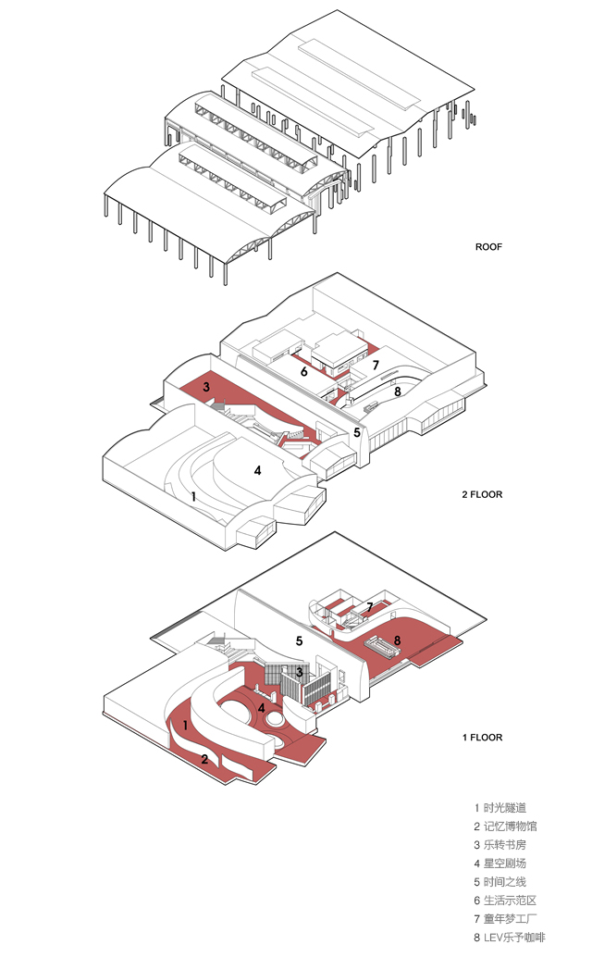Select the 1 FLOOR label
point(482,738)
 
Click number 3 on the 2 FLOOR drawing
point(206,386)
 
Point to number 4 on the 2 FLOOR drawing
point(258,470)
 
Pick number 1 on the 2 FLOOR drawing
point(193,496)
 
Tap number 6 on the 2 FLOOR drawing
point(303,371)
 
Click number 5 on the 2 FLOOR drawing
point(356,432)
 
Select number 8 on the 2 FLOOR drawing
point(397,391)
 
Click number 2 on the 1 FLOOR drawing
point(203,759)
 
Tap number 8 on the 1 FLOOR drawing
point(397,640)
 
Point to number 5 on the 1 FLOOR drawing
point(300,640)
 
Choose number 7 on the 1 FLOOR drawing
point(369,607)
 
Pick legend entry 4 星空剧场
point(504,864)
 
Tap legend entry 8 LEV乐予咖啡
point(514,938)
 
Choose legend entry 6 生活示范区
point(510,901)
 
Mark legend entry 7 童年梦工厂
point(510,919)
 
